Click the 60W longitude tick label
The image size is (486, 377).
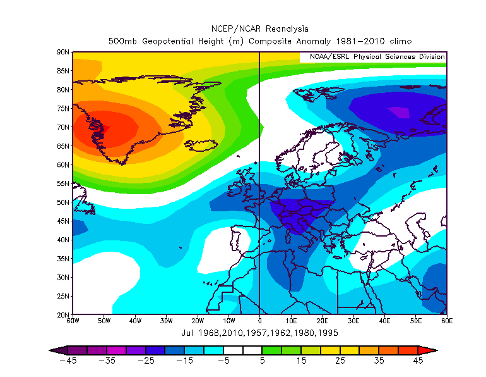(x=73, y=321)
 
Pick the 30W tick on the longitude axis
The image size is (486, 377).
(x=166, y=321)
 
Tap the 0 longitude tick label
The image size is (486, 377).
(x=259, y=321)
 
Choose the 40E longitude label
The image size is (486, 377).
(x=384, y=321)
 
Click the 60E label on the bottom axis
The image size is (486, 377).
(x=447, y=321)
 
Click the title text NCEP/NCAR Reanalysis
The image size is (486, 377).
(x=259, y=29)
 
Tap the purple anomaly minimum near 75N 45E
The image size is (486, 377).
(x=398, y=112)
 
